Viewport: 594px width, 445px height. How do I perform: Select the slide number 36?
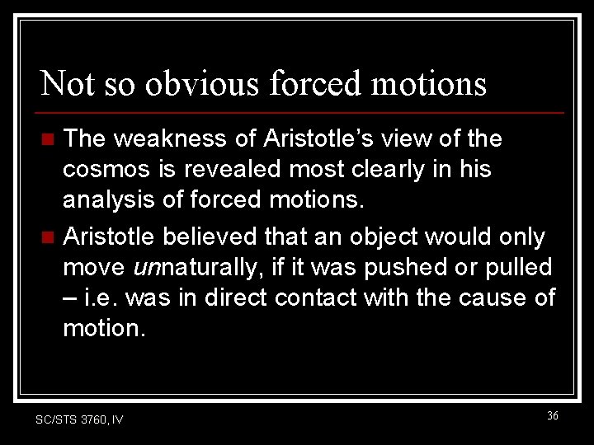552,416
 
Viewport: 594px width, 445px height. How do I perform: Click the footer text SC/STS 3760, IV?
79,419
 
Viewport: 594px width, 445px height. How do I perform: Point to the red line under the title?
301,112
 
